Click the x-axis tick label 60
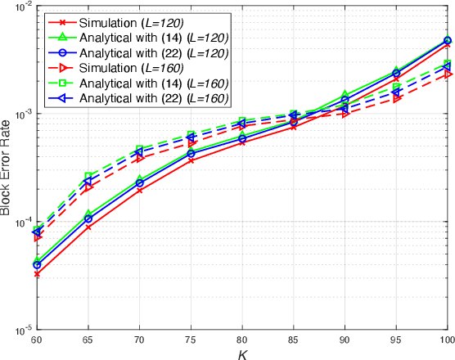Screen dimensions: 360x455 [x=36, y=339]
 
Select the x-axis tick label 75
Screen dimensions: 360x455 [x=191, y=339]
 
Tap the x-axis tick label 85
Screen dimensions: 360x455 [x=294, y=339]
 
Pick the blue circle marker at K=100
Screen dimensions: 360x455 [x=448, y=41]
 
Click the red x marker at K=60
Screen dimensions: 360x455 [x=37, y=274]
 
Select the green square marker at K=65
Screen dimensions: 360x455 [x=88, y=176]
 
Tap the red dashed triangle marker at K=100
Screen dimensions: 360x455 [x=448, y=74]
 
